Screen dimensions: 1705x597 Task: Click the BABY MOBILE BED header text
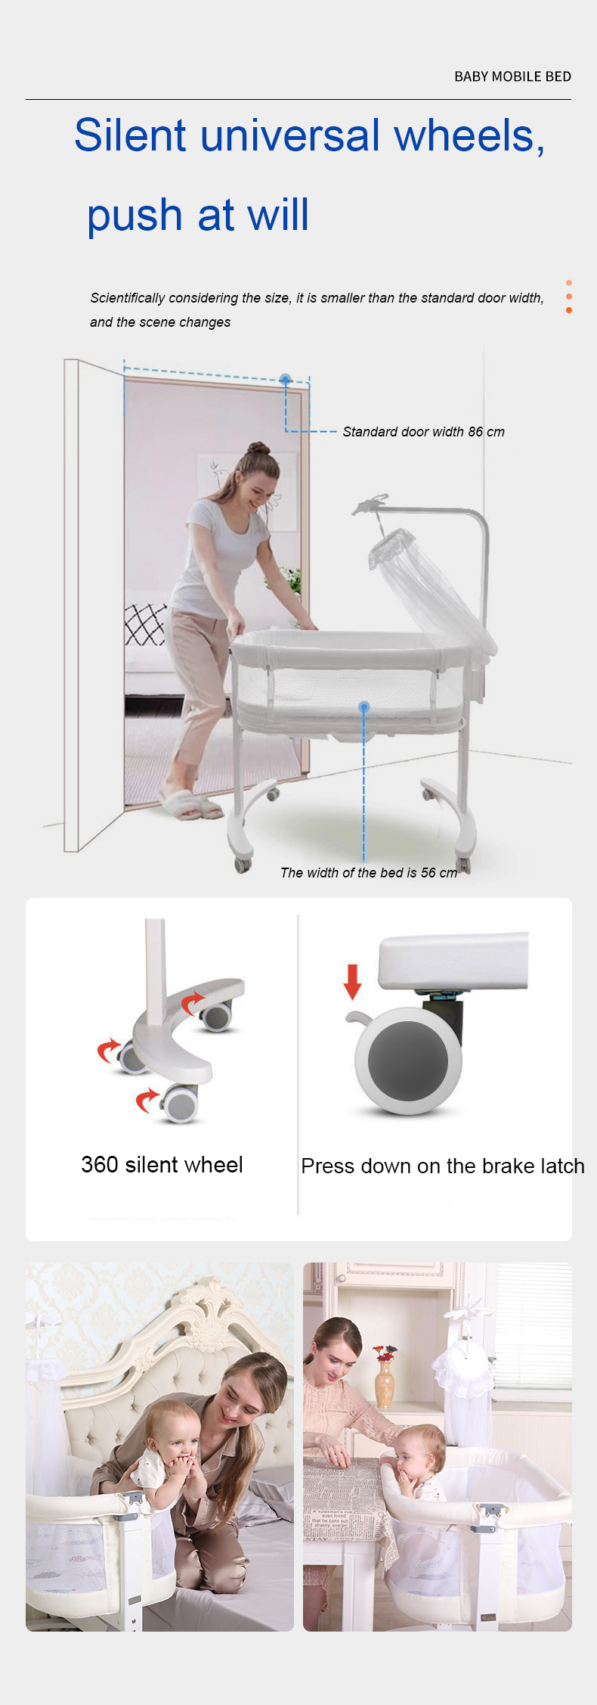(512, 76)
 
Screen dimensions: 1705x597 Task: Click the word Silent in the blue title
(130, 136)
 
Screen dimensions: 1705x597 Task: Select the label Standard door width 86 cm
(423, 432)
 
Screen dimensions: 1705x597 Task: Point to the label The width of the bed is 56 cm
(369, 873)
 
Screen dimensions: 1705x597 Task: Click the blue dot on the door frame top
(285, 378)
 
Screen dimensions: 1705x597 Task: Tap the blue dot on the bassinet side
(364, 707)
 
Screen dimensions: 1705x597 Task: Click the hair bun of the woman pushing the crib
(259, 448)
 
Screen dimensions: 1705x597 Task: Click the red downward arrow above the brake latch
(352, 980)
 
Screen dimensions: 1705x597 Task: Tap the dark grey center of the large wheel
(408, 1061)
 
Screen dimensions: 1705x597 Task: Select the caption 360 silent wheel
(162, 1165)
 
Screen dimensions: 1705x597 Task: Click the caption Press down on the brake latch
(443, 1166)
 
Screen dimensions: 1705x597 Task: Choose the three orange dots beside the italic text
(568, 297)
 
